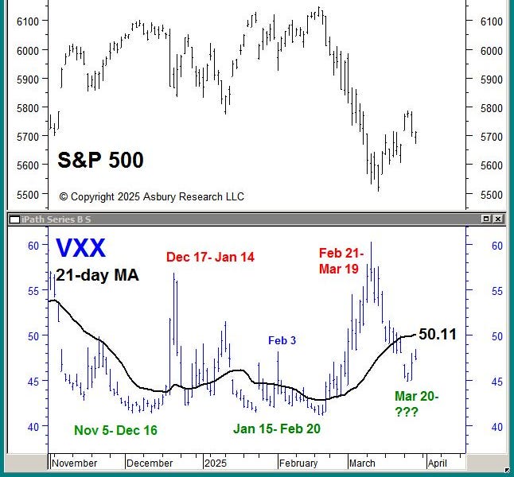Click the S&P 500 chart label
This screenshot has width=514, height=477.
(100, 161)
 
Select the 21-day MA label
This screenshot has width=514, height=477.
(97, 275)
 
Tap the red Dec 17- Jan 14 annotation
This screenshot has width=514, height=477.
(210, 257)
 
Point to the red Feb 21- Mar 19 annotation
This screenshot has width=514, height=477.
(342, 261)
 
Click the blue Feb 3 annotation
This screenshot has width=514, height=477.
(282, 340)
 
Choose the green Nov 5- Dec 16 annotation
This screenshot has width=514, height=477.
(115, 430)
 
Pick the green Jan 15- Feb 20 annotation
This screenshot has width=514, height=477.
(277, 429)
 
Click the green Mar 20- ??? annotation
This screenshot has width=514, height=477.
(416, 404)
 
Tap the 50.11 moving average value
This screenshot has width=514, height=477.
(438, 334)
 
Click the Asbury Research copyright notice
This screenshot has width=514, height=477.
(151, 196)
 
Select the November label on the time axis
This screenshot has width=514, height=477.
(74, 463)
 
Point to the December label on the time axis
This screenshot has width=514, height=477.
(150, 463)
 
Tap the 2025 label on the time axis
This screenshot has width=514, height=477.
(216, 463)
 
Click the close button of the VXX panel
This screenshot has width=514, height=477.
(498, 219)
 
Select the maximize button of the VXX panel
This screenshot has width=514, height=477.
(486, 219)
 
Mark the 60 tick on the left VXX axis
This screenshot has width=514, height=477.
(33, 246)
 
